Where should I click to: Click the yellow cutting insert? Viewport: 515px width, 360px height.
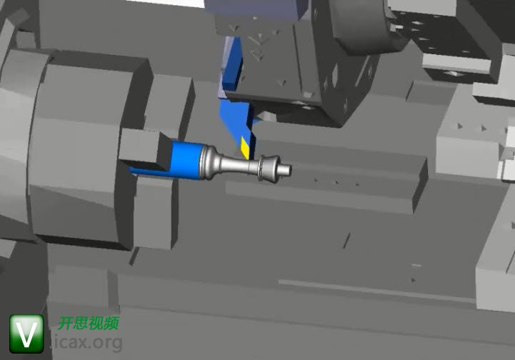point(245,147)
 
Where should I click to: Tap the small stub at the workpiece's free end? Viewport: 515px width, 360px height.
point(284,169)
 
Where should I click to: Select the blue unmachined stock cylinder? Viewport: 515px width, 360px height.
point(188,160)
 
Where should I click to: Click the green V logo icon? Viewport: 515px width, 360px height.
point(26,334)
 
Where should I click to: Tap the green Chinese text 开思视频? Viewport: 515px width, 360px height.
point(89,323)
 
